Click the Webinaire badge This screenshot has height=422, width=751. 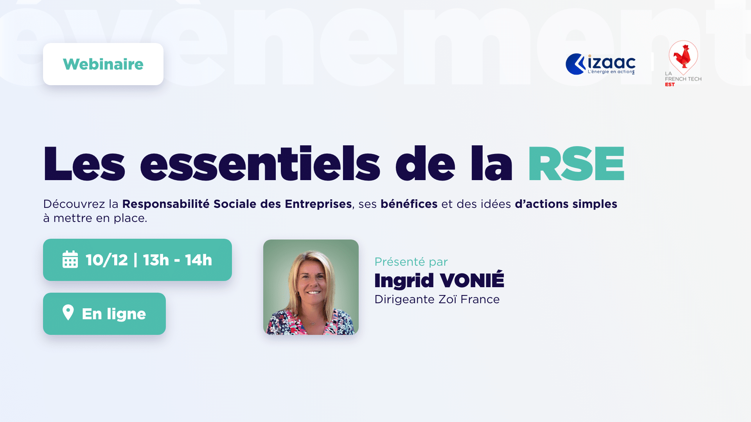click(x=103, y=64)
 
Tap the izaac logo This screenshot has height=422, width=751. click(x=600, y=64)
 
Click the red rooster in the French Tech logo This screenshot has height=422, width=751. click(x=683, y=56)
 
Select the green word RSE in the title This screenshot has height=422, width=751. click(x=576, y=164)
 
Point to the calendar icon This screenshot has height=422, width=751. click(x=70, y=259)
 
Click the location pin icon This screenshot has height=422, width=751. click(x=68, y=313)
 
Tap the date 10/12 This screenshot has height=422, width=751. click(x=107, y=260)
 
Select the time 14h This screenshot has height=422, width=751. click(x=198, y=260)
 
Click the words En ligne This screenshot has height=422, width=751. click(x=114, y=314)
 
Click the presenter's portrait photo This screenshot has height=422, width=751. click(x=311, y=287)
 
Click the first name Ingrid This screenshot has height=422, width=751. click(x=404, y=280)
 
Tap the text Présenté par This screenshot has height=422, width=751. click(x=411, y=262)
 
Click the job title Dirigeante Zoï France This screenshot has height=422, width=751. click(x=437, y=299)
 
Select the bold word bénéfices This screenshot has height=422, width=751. click(x=409, y=204)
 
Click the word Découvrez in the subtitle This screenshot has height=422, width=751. click(x=74, y=204)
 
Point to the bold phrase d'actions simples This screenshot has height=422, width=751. click(x=566, y=204)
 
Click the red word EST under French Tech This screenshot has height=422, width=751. click(x=670, y=84)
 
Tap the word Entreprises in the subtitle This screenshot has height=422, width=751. click(x=318, y=204)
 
